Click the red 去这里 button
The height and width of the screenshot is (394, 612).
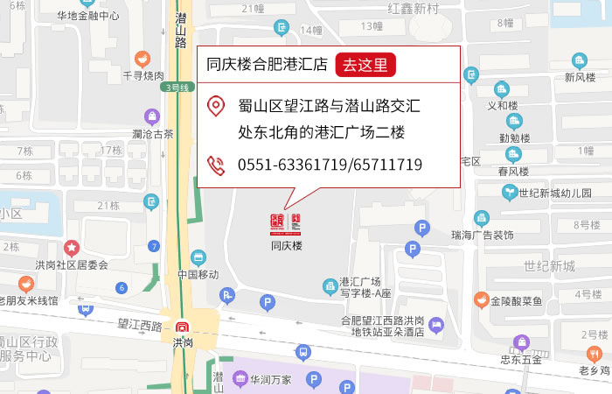[x=365, y=64]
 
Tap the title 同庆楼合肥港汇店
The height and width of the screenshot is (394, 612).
[x=267, y=64]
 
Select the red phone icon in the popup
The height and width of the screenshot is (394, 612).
[x=215, y=164]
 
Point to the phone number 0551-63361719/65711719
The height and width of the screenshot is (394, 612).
[x=330, y=165]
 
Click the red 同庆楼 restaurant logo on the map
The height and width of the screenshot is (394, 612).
[x=286, y=222]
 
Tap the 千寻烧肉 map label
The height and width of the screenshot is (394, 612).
[x=143, y=76]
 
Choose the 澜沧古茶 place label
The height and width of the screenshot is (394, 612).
[x=153, y=134]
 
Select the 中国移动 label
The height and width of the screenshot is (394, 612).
[x=198, y=274]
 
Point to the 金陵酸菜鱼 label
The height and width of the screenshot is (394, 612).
[x=516, y=300]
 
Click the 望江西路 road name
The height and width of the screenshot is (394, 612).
[x=140, y=325]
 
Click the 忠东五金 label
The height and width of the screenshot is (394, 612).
[x=521, y=358]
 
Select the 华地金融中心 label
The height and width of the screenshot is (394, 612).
[x=87, y=15]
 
